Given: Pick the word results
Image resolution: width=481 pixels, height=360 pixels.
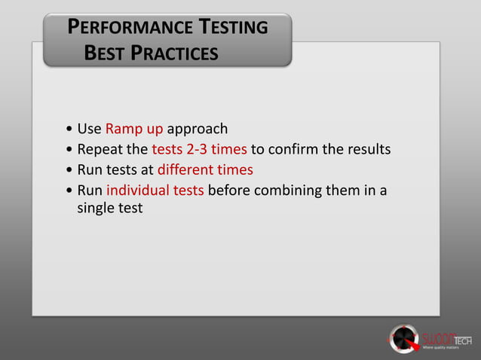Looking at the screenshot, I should [367, 148].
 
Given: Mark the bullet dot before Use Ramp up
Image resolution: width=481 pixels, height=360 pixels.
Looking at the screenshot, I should [69, 129].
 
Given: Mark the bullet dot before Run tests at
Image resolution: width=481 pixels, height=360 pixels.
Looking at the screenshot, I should [69, 169].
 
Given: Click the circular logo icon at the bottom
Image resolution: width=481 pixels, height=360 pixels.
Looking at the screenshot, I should [404, 338].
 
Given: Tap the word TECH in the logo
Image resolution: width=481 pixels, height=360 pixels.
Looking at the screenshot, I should [461, 340].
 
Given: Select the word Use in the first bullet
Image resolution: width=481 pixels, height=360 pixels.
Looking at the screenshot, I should [90, 128].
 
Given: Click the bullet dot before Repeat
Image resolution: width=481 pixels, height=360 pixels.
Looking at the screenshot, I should [69, 149].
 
